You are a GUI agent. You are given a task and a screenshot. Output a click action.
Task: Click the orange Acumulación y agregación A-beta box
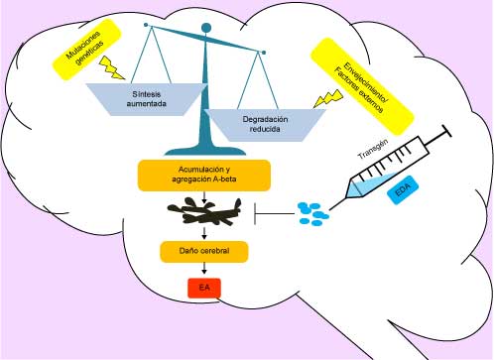point(203,175)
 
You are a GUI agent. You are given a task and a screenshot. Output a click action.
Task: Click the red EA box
point(203,289)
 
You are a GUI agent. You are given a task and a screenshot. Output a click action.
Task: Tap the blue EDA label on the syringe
point(403,192)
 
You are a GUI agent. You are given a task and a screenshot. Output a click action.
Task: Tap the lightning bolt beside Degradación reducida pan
point(322,97)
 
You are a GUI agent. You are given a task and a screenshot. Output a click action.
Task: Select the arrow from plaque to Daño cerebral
point(203,233)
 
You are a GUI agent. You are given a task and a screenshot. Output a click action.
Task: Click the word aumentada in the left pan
point(147,104)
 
